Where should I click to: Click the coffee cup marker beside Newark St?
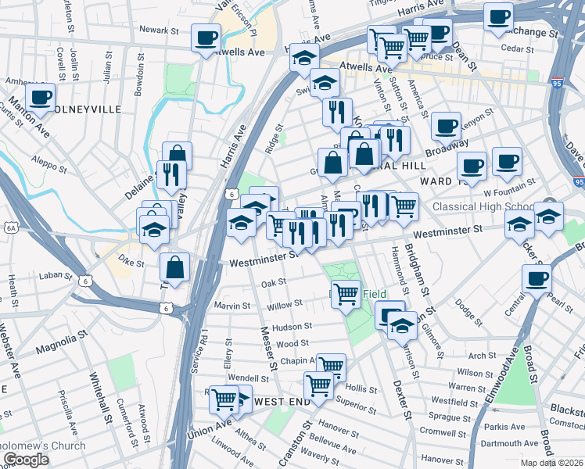point(206,38)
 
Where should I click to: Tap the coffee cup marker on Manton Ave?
point(40,98)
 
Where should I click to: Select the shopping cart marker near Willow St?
point(346,295)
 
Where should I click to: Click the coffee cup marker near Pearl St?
point(537,279)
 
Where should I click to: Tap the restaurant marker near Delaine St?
point(170,174)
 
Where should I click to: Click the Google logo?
point(25,460)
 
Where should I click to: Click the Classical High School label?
point(482,207)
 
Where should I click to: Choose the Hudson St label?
point(292,327)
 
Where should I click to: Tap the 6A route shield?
point(10,227)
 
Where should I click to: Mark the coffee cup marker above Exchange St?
point(497,16)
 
